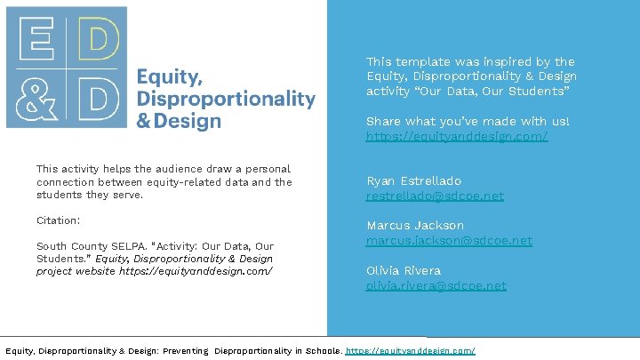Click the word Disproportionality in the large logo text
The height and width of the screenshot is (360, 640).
(x=226, y=98)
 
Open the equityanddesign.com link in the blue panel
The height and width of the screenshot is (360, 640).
(x=456, y=136)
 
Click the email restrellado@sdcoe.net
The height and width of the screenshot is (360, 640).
(x=435, y=196)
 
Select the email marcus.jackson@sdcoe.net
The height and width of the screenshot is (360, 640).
(x=449, y=240)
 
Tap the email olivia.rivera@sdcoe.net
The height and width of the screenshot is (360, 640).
(x=436, y=285)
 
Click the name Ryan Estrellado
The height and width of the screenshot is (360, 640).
(x=413, y=180)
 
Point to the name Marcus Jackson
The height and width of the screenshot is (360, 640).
(x=414, y=226)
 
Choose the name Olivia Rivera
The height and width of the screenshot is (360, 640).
(x=403, y=270)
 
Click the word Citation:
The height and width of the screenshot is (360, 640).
(x=58, y=220)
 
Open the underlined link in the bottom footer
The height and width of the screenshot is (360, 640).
(x=410, y=351)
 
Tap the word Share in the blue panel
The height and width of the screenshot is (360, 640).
(x=383, y=121)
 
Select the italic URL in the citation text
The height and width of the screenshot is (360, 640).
(x=196, y=271)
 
